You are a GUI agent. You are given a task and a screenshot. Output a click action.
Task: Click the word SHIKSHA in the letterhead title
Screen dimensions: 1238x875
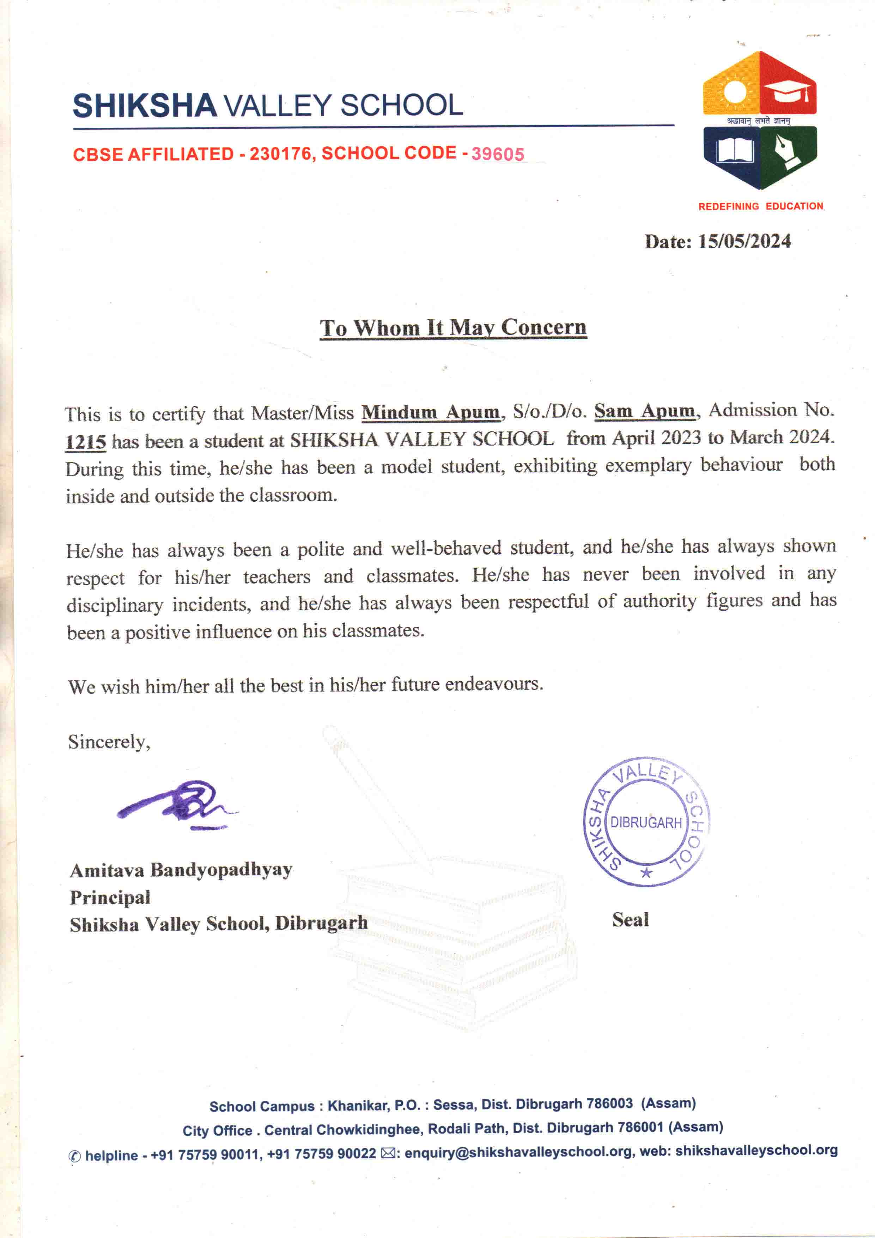(x=145, y=106)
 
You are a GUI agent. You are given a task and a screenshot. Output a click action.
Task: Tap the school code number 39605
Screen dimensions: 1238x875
(x=498, y=154)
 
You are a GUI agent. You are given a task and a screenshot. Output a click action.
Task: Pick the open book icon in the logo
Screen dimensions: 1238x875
(x=733, y=151)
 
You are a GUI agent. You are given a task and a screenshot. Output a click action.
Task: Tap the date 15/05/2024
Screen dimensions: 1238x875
(x=744, y=241)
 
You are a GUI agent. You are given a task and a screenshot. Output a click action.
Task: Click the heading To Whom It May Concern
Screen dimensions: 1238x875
(x=453, y=327)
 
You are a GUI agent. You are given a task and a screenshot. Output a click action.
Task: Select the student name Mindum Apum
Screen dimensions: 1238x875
(x=431, y=412)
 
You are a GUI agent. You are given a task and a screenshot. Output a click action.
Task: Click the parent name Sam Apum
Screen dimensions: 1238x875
(x=645, y=411)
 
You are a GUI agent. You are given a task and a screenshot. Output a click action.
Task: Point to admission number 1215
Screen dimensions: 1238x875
(x=85, y=442)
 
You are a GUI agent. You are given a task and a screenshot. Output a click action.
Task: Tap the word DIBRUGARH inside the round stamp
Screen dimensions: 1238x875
(x=646, y=823)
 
